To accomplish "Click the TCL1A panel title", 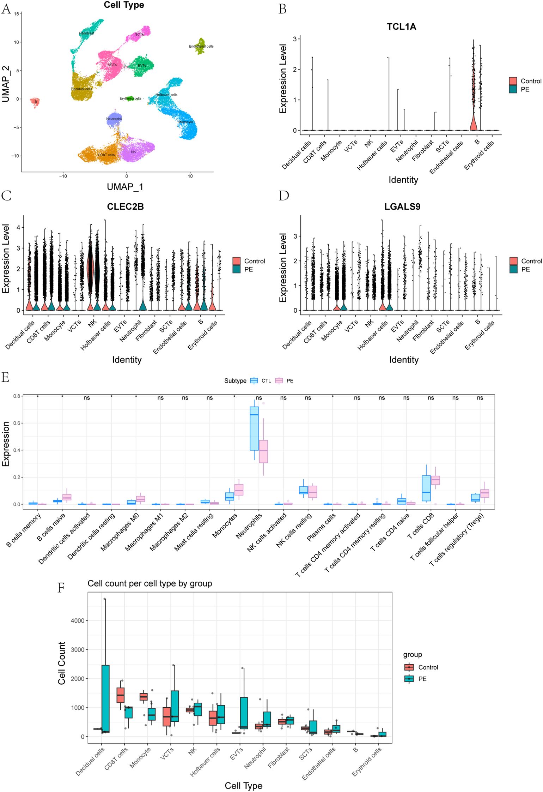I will click(x=401, y=27).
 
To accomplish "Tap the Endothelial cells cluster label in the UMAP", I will click(x=201, y=46).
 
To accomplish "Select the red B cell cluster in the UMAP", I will click(x=35, y=102).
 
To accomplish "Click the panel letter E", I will click(x=5, y=377).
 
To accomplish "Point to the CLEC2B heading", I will click(x=125, y=207).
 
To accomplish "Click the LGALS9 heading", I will click(x=402, y=207).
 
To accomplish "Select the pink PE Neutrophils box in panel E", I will click(x=263, y=451).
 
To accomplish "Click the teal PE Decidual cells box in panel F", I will click(x=105, y=698).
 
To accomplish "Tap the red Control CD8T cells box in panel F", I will click(x=121, y=695).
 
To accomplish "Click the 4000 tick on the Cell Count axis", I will click(x=78, y=620).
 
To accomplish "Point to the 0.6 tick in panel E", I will click(x=17, y=423).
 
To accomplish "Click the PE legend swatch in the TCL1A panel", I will click(x=513, y=89).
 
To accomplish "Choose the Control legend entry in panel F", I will click(x=409, y=667).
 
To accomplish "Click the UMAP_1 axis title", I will click(x=125, y=187).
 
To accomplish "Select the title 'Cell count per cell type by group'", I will click(x=150, y=583).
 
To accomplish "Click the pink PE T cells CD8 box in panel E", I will click(x=435, y=480).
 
